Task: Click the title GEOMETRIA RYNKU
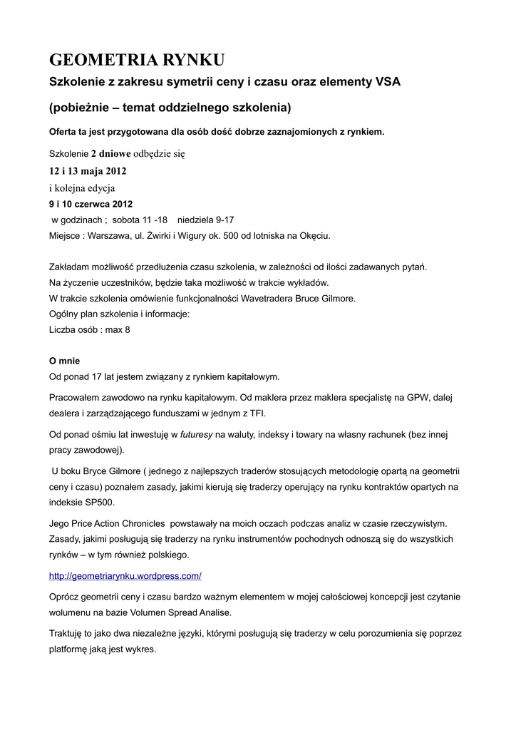tap(137, 58)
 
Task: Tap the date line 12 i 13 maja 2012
tap(88, 171)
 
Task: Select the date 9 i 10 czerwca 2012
tap(91, 204)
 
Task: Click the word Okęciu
tap(314, 235)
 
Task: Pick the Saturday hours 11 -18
tap(155, 220)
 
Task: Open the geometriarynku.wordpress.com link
tap(125, 575)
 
